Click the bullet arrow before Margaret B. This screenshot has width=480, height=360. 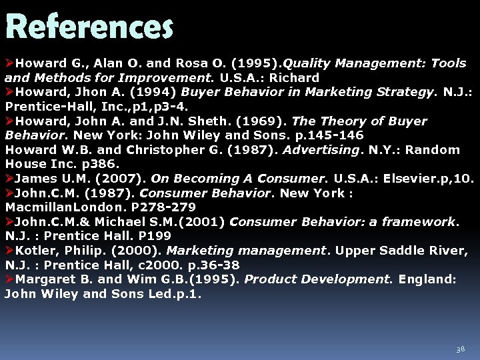pyautogui.click(x=9, y=279)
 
